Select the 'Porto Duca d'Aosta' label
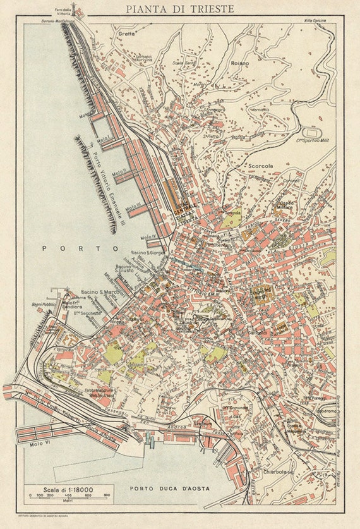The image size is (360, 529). tap(169, 489)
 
